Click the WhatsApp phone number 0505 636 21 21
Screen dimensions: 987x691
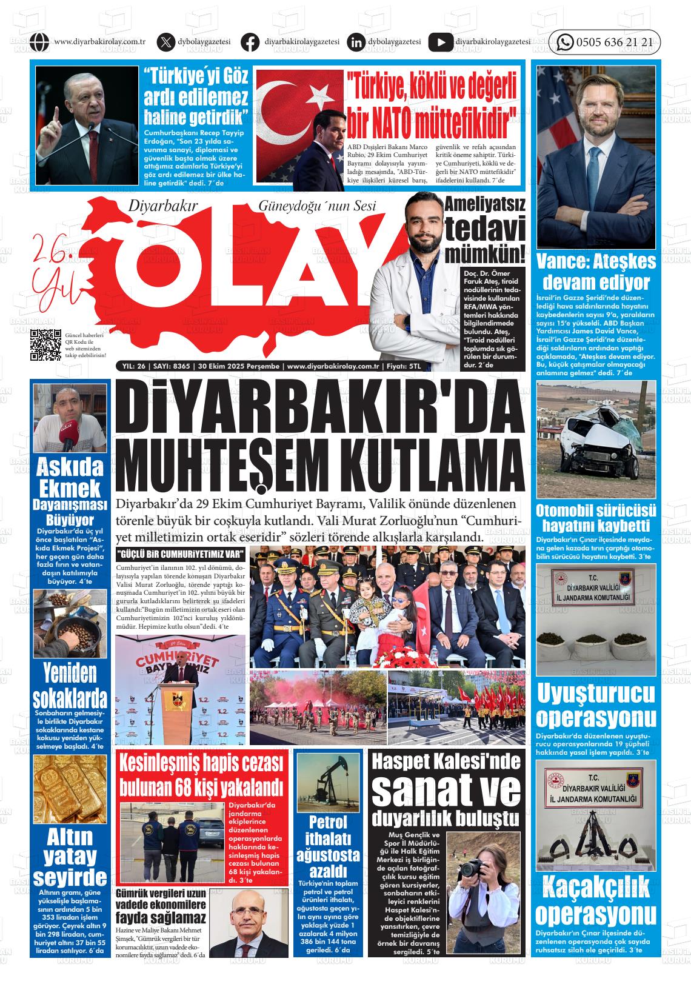614,42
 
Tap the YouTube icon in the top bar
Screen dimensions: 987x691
440,42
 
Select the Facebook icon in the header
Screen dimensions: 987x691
250,42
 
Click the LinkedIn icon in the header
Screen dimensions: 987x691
356,42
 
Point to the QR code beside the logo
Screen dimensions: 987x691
47,344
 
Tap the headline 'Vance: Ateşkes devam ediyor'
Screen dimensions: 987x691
596,272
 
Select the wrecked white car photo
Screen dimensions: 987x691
596,438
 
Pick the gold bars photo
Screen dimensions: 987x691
70,789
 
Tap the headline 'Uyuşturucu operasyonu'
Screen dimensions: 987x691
596,705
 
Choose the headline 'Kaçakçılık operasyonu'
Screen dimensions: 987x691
596,902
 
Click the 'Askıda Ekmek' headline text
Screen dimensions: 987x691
70,478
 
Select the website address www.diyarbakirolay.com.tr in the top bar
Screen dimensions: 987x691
99,42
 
